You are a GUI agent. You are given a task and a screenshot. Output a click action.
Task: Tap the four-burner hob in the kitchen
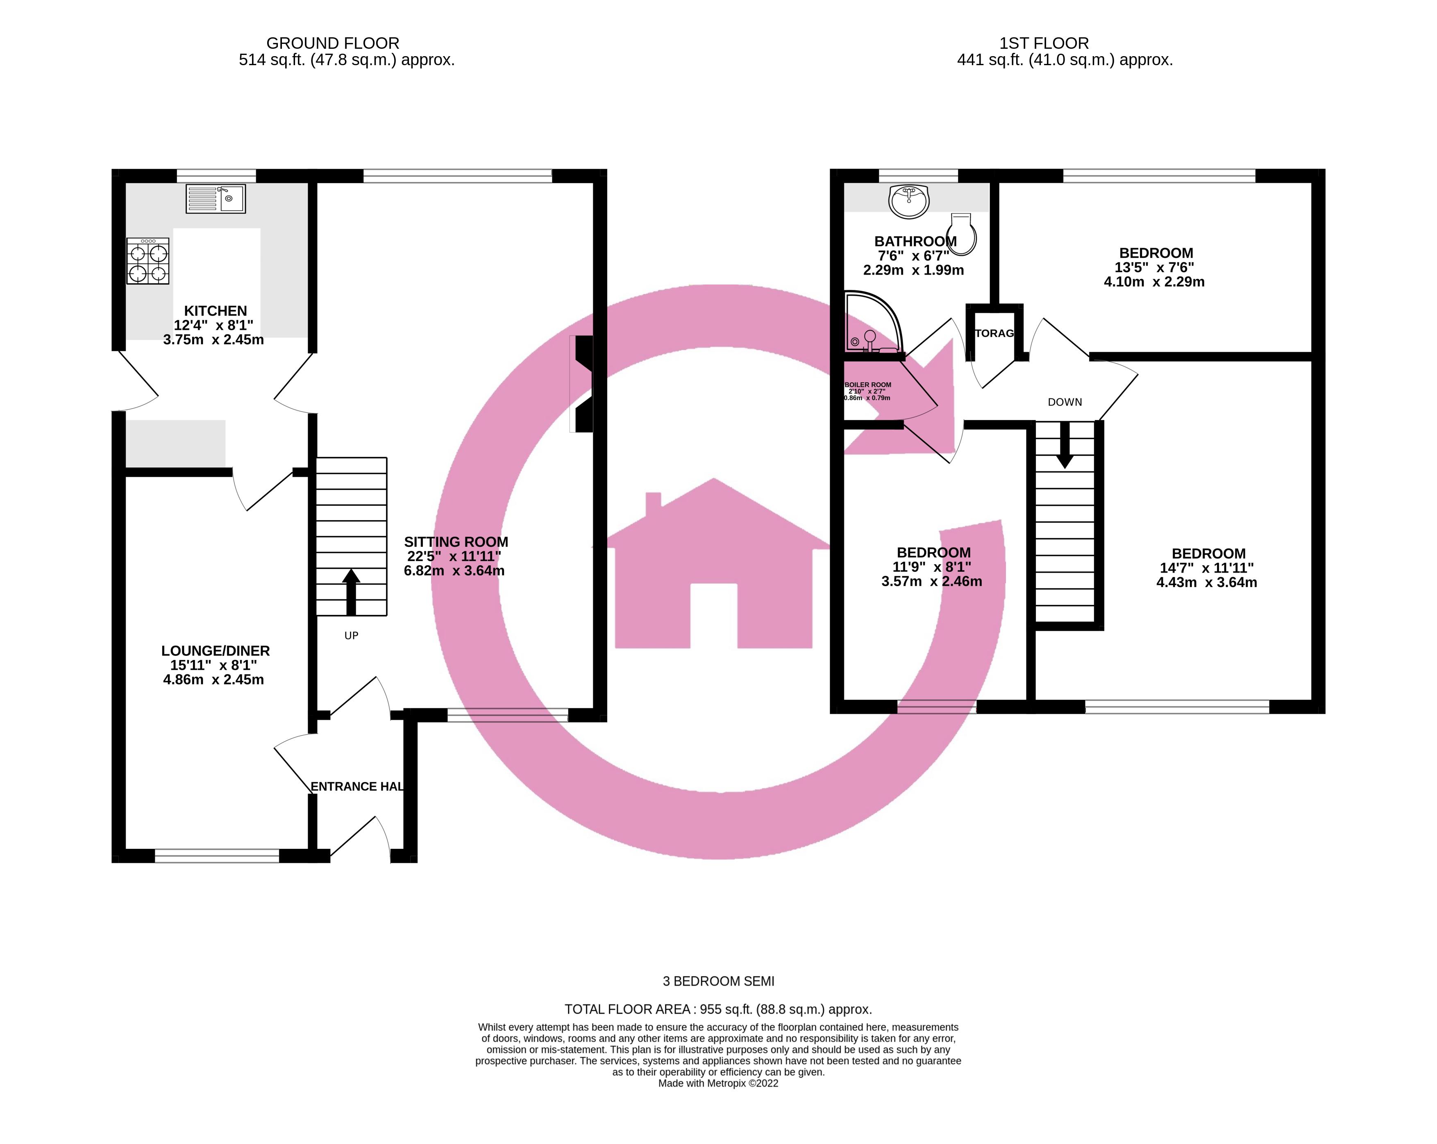coord(148,262)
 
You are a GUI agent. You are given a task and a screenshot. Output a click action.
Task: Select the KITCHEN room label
coord(215,311)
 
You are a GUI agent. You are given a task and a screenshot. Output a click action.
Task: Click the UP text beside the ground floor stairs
coord(351,635)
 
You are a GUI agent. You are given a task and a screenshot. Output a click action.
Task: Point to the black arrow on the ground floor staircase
coord(351,591)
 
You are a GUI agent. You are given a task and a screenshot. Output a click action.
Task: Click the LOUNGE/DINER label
coord(215,650)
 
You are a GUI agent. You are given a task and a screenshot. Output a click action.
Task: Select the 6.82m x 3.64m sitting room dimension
coord(454,571)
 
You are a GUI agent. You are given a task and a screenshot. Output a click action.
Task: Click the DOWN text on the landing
coord(1065,402)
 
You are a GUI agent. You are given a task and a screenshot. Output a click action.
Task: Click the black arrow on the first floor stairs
coord(1065,445)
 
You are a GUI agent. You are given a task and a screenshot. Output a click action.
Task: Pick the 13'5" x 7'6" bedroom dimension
coord(1154,267)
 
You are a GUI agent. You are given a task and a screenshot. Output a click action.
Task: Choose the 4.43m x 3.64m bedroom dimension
coord(1206,582)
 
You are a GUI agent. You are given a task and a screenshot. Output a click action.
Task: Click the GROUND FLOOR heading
coord(333,43)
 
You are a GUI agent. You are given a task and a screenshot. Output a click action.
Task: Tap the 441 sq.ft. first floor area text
coord(1065,60)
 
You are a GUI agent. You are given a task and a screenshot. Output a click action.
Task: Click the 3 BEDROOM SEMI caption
coord(719,981)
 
